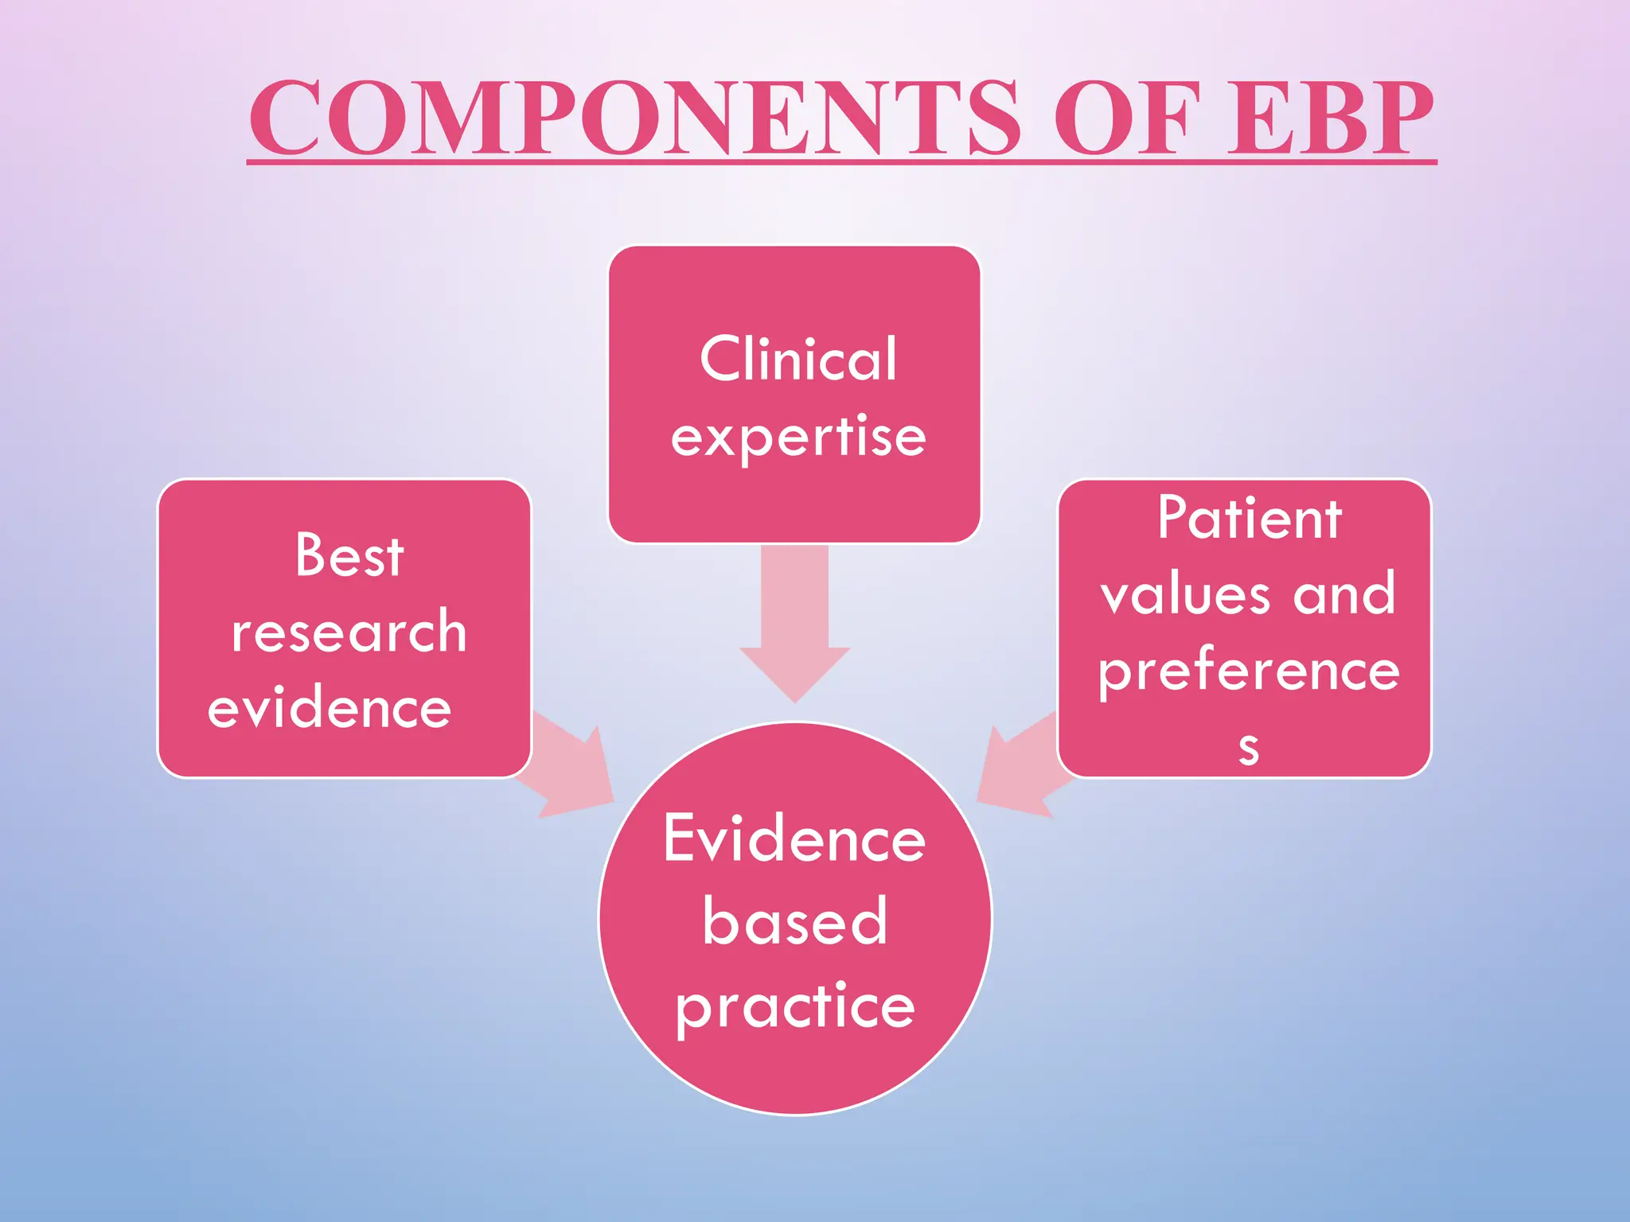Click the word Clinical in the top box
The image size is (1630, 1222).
[x=798, y=359]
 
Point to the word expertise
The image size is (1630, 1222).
[x=798, y=437]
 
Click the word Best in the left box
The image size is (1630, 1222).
[x=349, y=555]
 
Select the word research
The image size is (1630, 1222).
[x=349, y=632]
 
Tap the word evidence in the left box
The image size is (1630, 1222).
[x=330, y=708]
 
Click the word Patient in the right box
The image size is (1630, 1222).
[x=1250, y=518]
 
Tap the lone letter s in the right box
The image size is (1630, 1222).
[x=1248, y=749]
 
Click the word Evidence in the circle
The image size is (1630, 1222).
[x=794, y=839]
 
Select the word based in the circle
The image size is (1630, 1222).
[x=794, y=921]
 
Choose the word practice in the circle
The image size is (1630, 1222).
[x=794, y=1006]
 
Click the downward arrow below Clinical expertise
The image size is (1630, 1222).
[x=794, y=629]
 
